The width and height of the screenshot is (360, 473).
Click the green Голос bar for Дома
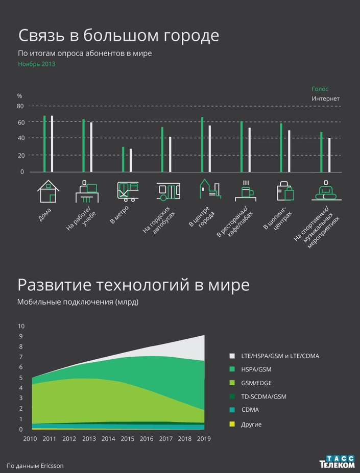(x=44, y=144)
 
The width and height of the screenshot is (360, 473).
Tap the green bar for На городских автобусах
(x=162, y=150)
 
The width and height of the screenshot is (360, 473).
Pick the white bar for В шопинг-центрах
(x=289, y=151)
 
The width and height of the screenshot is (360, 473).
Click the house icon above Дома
(x=49, y=192)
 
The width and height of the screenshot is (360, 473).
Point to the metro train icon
(x=128, y=192)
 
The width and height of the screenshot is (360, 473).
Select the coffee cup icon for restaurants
(x=246, y=191)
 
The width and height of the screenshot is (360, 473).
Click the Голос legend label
(x=320, y=89)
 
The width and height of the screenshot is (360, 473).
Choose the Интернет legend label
(x=326, y=98)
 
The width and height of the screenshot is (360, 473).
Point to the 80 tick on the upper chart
(x=20, y=106)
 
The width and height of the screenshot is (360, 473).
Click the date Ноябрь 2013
(x=36, y=64)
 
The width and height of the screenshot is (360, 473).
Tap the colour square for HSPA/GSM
(x=232, y=369)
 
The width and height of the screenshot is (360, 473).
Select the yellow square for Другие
(x=232, y=424)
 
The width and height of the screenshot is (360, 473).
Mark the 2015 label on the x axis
(x=128, y=439)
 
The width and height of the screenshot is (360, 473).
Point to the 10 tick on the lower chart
(x=21, y=326)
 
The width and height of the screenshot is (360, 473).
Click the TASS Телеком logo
(x=337, y=462)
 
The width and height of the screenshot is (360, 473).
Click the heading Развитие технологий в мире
(x=133, y=285)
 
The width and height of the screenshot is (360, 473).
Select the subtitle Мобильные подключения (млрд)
(x=78, y=302)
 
